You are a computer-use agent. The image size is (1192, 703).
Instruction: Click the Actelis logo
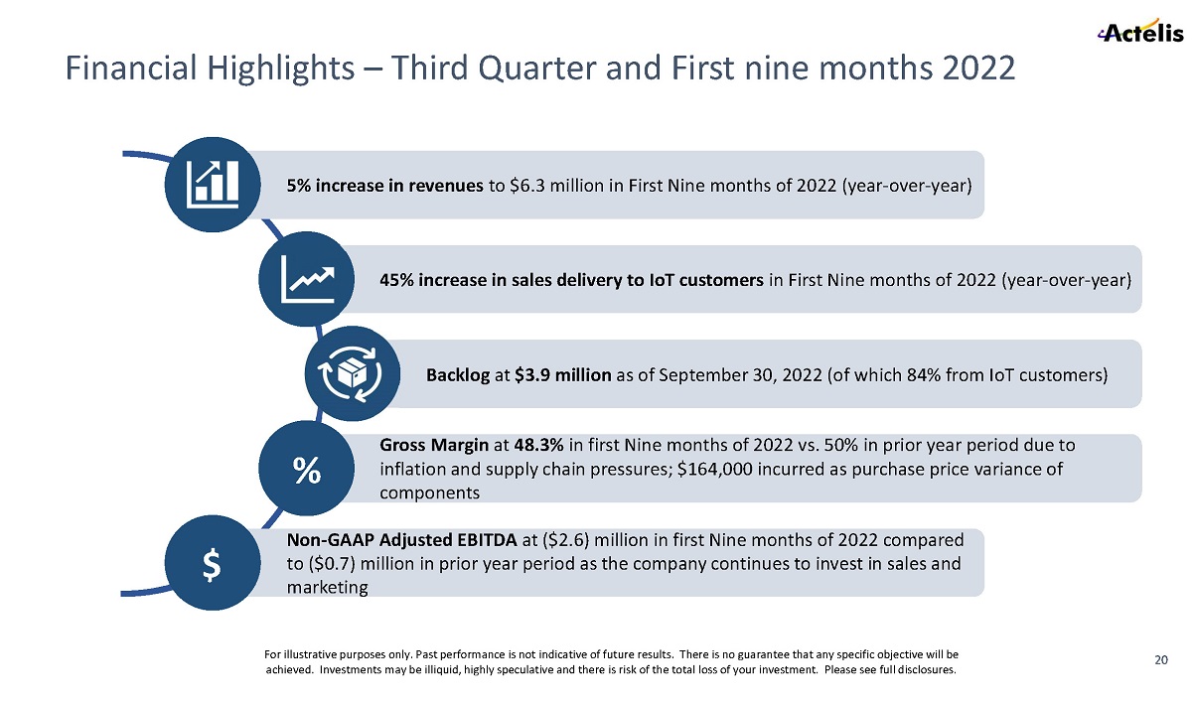(x=1139, y=33)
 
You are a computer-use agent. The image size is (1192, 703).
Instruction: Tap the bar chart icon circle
(x=213, y=185)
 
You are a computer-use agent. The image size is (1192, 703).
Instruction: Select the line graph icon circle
(x=307, y=279)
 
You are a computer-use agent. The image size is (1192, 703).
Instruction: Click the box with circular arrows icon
(x=354, y=373)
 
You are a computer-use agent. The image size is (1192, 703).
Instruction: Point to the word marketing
(x=327, y=588)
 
